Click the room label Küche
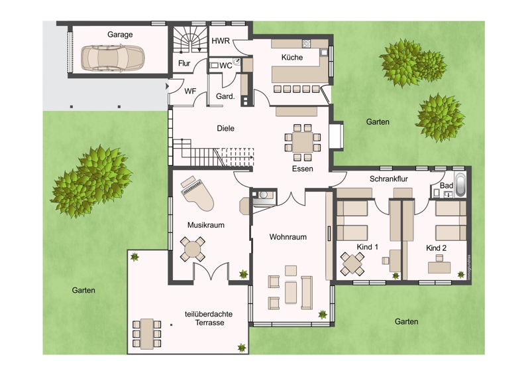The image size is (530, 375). pyautogui.click(x=292, y=58)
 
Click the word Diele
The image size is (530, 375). pyautogui.click(x=226, y=129)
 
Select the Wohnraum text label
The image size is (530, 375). pyautogui.click(x=288, y=237)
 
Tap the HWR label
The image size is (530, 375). pyautogui.click(x=221, y=41)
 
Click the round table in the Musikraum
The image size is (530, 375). pyautogui.click(x=193, y=250)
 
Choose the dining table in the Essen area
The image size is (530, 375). pyautogui.click(x=302, y=142)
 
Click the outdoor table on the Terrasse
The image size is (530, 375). pyautogui.click(x=146, y=333)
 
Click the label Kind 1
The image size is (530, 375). pyautogui.click(x=367, y=248)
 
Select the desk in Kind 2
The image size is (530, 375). pyautogui.click(x=439, y=267)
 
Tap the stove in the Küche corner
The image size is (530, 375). pyautogui.click(x=307, y=44)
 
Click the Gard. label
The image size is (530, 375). pyautogui.click(x=226, y=97)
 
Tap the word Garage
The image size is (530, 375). pyautogui.click(x=120, y=35)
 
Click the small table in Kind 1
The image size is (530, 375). pyautogui.click(x=351, y=264)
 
